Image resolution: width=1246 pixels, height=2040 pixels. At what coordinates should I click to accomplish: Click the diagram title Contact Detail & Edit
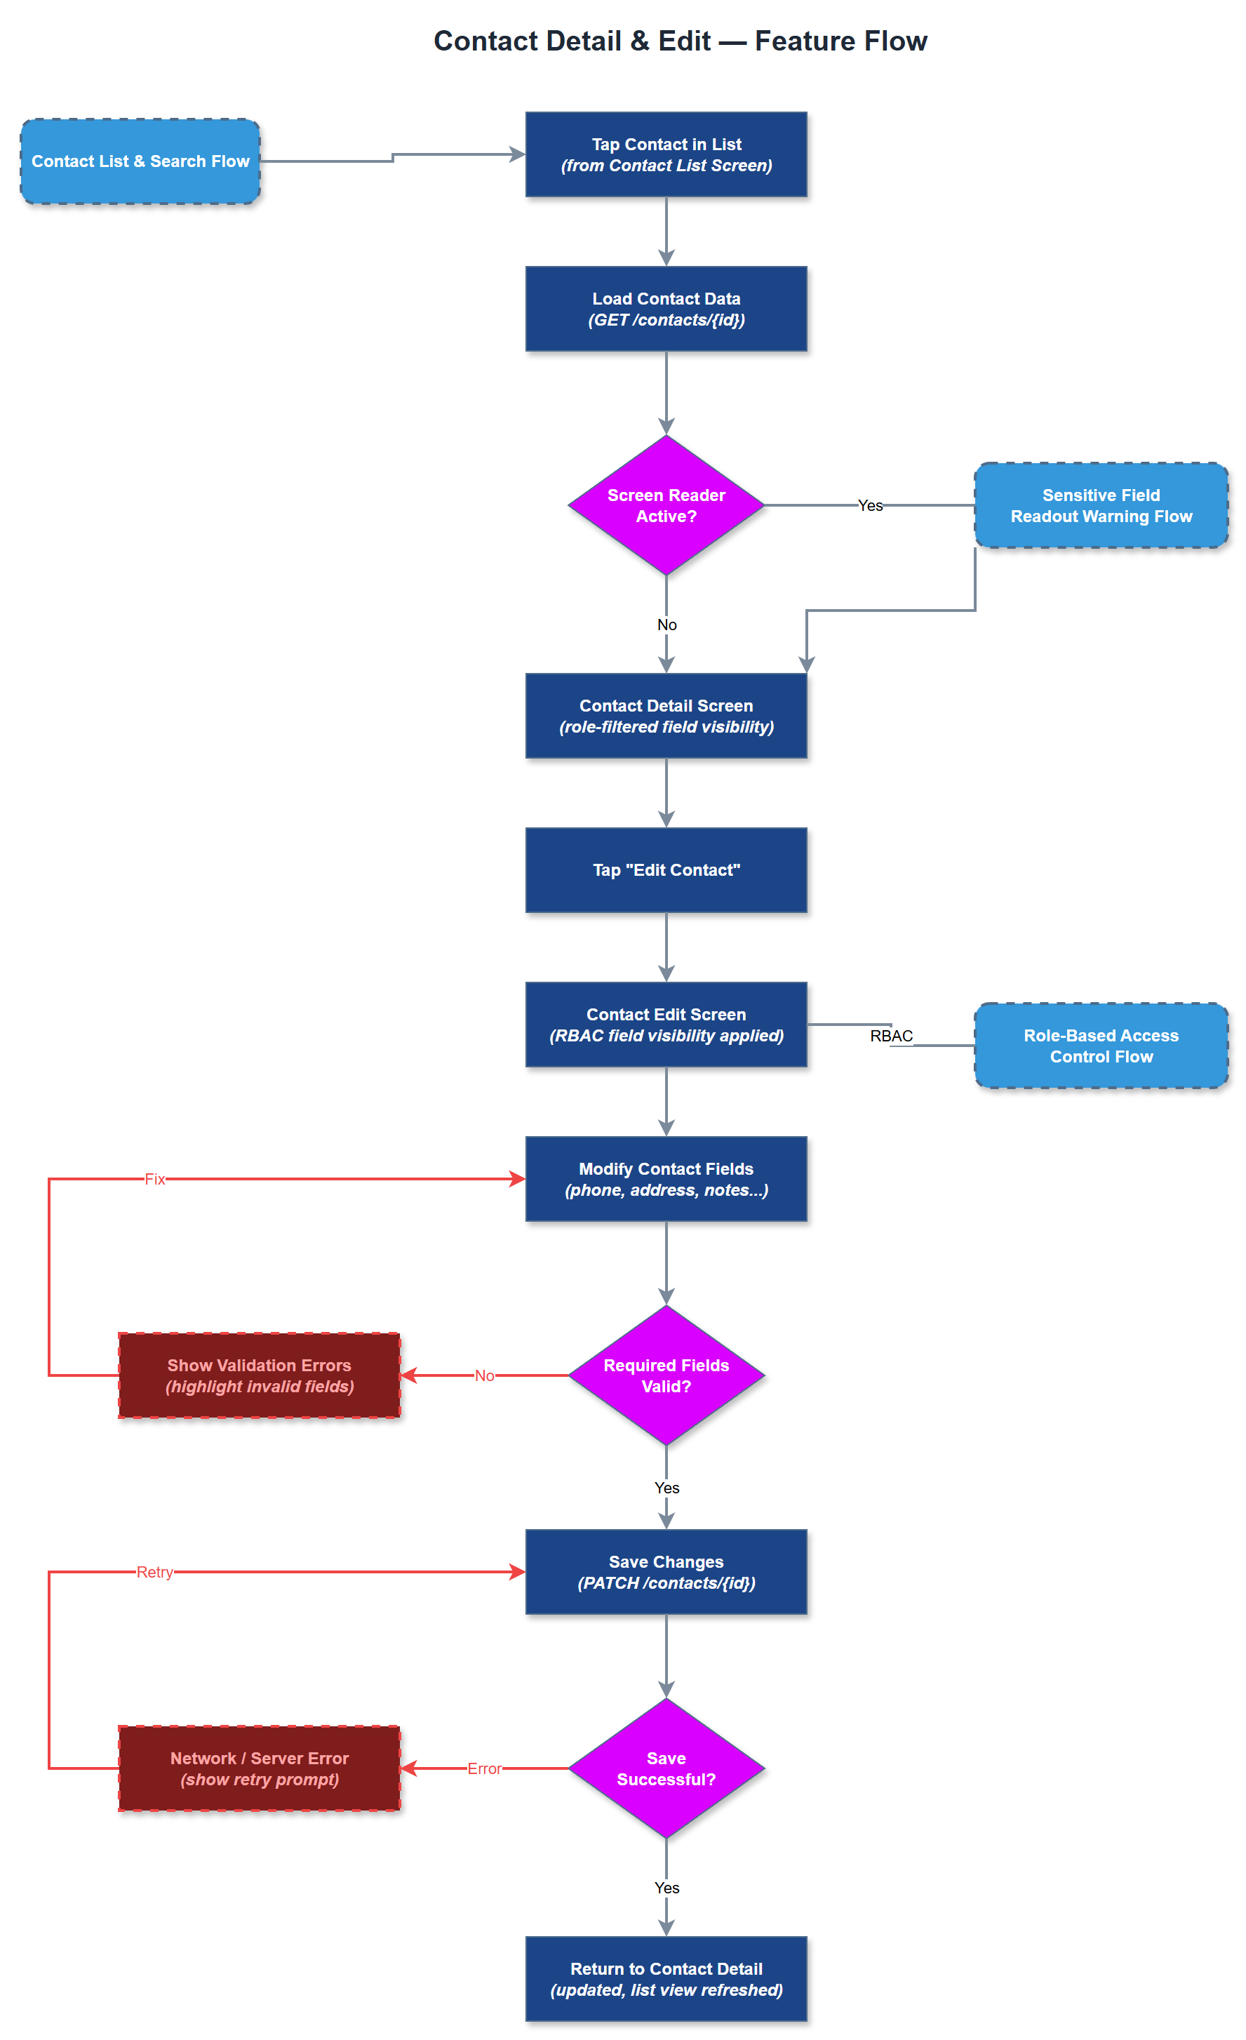[680, 41]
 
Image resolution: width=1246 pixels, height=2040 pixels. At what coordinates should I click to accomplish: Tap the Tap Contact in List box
[666, 155]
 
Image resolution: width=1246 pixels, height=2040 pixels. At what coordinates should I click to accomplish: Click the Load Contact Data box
[666, 309]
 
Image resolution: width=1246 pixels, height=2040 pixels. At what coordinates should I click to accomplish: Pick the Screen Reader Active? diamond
[666, 505]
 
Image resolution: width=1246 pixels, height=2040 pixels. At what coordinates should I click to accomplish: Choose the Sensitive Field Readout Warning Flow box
[1100, 505]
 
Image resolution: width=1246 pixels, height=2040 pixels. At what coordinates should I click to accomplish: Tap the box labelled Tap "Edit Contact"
[666, 869]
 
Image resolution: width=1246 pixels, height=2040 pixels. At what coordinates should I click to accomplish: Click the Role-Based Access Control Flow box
[1100, 1045]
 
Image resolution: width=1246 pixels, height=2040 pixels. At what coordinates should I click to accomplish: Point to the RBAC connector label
[891, 1036]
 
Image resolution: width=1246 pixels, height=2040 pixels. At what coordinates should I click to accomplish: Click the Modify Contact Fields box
[666, 1178]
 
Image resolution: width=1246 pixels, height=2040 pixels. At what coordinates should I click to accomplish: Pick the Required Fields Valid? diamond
[666, 1375]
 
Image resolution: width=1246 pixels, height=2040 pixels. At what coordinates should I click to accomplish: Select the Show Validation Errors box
[259, 1375]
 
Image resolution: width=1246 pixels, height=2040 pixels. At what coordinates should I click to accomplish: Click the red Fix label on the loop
[155, 1178]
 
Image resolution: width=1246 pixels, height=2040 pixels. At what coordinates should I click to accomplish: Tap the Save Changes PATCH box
[666, 1571]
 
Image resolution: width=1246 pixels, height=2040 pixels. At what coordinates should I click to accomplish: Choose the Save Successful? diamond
[666, 1768]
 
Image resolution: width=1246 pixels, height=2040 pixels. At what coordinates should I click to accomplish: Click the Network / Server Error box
[259, 1768]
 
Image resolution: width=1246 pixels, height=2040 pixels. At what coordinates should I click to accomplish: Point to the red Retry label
[155, 1571]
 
